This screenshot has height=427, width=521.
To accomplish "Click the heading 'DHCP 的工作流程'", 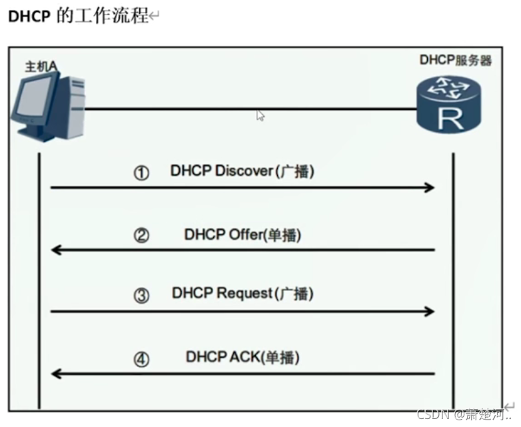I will (79, 16).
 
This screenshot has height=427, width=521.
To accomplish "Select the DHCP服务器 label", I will (455, 60).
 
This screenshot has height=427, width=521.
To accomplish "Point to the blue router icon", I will (449, 104).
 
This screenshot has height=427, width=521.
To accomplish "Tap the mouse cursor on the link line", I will (260, 116).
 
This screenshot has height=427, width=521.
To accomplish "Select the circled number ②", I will (141, 235).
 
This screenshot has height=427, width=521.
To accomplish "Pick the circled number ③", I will (141, 296).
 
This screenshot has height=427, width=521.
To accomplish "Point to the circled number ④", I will (141, 360).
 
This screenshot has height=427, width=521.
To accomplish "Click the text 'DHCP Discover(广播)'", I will (242, 171).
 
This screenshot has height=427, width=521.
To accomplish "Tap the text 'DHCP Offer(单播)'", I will (247, 234).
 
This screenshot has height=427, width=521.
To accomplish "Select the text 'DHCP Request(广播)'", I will (242, 293).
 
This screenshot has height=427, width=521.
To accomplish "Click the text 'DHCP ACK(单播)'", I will (243, 357).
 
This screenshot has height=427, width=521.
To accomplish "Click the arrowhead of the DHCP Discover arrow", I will (430, 189).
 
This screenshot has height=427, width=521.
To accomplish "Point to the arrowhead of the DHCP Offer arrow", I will (57, 250).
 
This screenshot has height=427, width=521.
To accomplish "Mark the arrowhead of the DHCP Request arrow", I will (430, 311).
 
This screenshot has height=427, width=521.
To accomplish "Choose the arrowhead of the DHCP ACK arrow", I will (57, 374).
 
